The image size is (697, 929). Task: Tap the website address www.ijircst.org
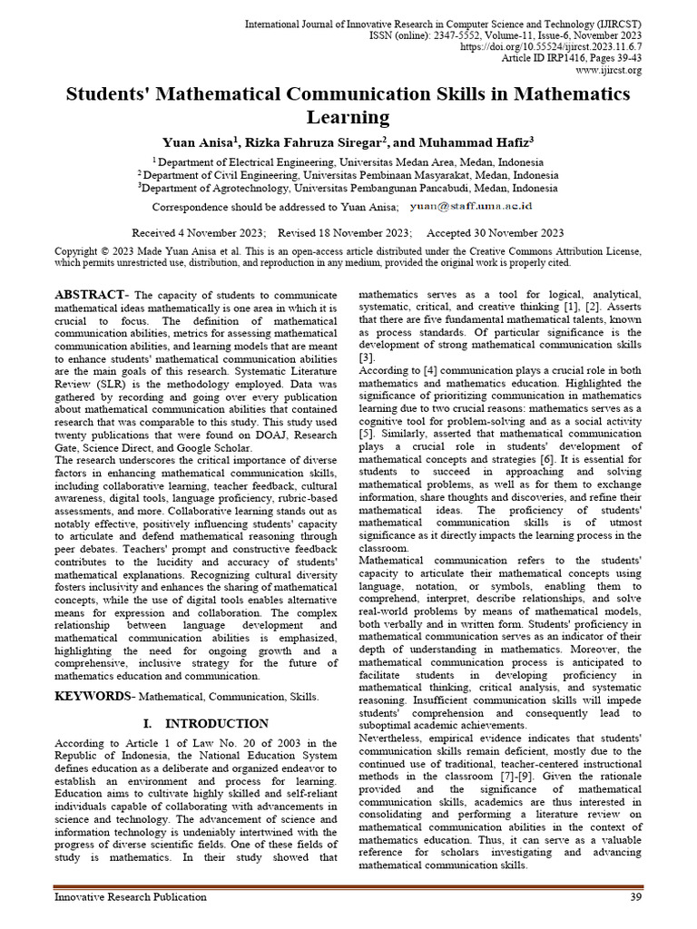point(609,70)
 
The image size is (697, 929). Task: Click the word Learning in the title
point(348,117)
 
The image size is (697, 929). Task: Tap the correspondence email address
point(477,207)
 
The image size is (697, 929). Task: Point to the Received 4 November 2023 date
point(199,232)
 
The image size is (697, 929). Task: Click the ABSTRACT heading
point(90,296)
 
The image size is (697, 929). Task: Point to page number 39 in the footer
point(635,897)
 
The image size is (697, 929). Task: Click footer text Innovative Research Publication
point(131,897)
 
